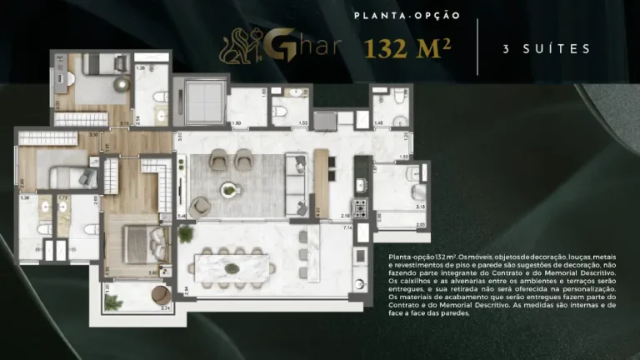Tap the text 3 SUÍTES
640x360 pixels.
point(547,49)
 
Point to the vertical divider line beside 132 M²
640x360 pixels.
point(477,47)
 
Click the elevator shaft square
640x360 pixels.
point(200,103)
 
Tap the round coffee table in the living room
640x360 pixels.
point(228,191)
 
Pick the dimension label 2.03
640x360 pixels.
point(420,224)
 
